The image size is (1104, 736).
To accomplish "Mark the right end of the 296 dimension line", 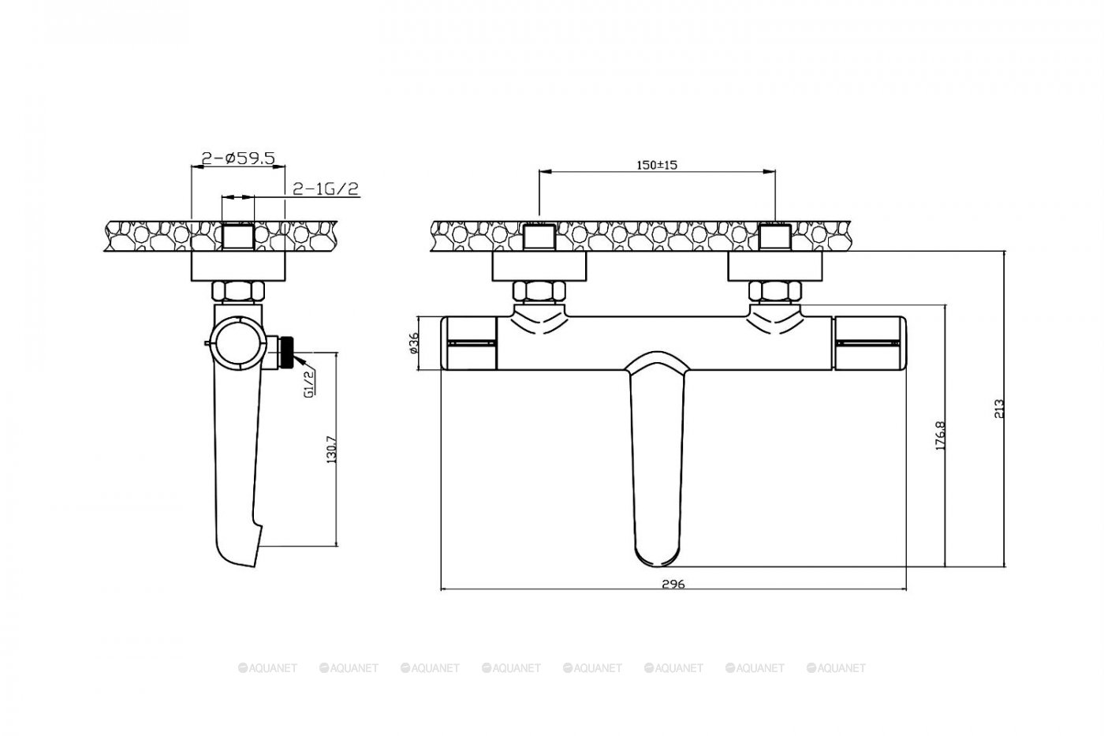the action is [906, 588].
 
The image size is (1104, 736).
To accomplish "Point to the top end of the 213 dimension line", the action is [1005, 251].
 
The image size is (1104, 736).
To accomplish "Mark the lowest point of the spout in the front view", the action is [658, 567].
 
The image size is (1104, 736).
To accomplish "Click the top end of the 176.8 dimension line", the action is [945, 304].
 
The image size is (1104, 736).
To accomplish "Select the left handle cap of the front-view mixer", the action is [468, 343].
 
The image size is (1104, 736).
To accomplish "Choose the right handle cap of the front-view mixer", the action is [870, 343].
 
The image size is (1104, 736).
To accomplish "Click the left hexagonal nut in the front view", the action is [538, 291].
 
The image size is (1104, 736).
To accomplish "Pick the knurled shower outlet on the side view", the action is [285, 352].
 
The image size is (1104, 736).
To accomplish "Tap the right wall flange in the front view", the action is [775, 266].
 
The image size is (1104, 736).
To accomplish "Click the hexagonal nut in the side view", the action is [238, 291].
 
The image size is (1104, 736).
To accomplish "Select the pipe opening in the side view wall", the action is [238, 236].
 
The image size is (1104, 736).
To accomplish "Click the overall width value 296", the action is [673, 585].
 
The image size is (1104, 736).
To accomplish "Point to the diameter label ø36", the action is [413, 342].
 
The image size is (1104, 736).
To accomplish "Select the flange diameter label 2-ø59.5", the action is [238, 159].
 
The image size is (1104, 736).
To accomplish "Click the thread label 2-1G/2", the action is [326, 189].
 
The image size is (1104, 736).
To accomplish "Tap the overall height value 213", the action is [998, 409].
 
